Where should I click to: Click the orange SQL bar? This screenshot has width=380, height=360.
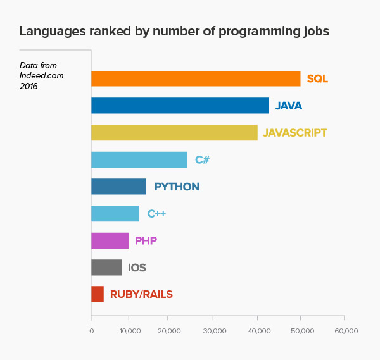point(196,78)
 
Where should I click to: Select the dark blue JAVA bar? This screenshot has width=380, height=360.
point(180,106)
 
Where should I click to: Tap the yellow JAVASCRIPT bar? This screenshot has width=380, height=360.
point(174,132)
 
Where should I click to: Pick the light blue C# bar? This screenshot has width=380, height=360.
point(139,159)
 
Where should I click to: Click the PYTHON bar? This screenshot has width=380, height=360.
point(118,187)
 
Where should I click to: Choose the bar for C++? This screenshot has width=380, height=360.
point(115,214)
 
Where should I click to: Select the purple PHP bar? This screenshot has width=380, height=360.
point(110,240)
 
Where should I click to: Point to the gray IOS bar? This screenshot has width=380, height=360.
point(106,268)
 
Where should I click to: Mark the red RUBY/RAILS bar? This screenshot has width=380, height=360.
point(98,294)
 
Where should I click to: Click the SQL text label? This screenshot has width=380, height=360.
point(317,79)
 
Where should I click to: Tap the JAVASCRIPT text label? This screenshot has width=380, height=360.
point(295,133)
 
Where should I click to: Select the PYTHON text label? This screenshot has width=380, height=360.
point(177,187)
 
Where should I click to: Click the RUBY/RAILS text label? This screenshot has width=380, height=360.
point(141,294)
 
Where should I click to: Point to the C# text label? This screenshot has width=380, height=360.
point(202,160)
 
